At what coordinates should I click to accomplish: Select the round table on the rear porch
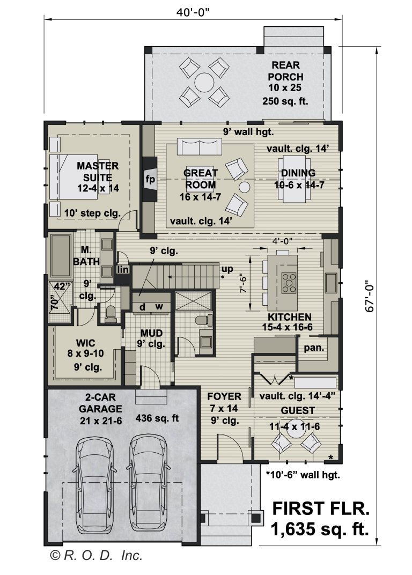(204, 83)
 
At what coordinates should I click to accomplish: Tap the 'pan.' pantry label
(314, 348)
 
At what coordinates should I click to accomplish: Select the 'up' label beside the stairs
(227, 269)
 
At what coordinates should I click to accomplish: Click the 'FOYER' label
(224, 397)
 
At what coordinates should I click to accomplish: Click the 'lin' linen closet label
(123, 269)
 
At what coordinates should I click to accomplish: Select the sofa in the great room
(200, 146)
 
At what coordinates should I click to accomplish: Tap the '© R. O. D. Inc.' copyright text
(97, 556)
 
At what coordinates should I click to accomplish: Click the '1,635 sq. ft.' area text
(320, 530)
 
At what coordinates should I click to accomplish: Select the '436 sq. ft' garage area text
(157, 418)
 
